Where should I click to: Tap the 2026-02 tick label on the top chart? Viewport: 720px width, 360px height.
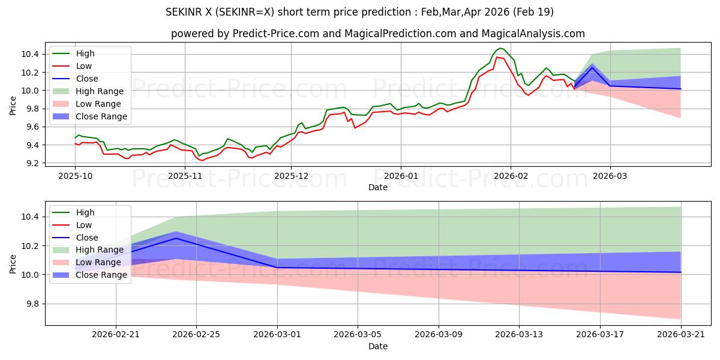pos(511,176)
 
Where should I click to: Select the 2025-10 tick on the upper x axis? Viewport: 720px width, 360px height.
pos(75,176)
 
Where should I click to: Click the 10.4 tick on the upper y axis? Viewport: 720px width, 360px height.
pos(31,54)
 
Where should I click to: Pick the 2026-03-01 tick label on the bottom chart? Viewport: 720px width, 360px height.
pos(277,334)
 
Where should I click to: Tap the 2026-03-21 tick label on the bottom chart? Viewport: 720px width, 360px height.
pos(681,334)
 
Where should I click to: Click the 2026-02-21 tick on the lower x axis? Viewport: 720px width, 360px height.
pos(116,334)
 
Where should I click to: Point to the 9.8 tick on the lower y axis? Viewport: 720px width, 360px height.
pos(31,304)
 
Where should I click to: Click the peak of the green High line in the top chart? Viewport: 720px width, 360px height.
pos(501,48)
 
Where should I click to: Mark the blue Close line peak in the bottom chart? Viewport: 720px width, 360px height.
pos(176,238)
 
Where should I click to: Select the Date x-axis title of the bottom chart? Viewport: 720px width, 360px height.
pos(378,346)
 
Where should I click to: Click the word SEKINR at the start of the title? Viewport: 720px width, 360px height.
pos(182,12)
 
